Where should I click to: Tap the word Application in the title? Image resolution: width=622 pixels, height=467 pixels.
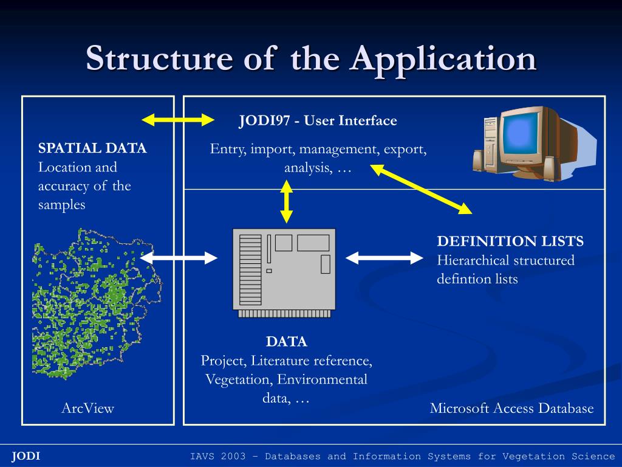pos(443,59)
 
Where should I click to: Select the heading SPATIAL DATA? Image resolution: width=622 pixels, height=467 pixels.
pos(92,148)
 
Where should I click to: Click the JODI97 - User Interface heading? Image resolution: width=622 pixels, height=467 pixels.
pos(318,120)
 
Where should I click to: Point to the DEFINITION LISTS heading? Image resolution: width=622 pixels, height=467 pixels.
pos(510,241)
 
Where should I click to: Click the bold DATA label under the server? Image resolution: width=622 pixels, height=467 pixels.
pos(287,342)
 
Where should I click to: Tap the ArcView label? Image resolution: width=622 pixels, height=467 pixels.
pos(87,408)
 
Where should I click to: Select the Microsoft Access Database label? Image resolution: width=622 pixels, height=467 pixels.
pos(511,408)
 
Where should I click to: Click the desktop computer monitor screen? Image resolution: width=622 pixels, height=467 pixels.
pos(520,138)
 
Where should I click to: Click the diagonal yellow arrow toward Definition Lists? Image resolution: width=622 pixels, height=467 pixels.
pos(422,190)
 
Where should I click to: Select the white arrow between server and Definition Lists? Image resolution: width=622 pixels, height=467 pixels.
pos(384,258)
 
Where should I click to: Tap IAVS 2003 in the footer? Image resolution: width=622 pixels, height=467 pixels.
pos(215,456)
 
